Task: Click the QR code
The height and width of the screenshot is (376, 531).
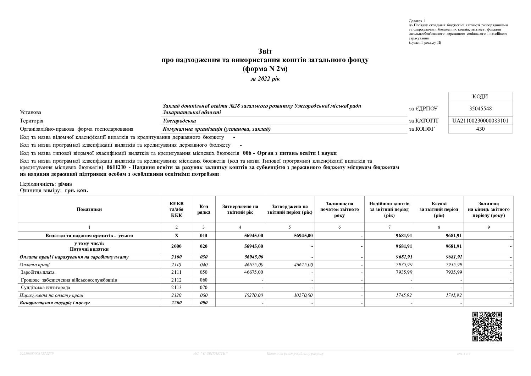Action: (x=487, y=326)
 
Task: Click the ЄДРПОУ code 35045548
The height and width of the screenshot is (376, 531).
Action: (x=480, y=109)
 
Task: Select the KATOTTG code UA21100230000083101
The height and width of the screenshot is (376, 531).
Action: (x=480, y=121)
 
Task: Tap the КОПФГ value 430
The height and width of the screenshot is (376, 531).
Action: (x=480, y=129)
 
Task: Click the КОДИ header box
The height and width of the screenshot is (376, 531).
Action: (x=481, y=97)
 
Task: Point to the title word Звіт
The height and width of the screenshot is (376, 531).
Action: (x=265, y=52)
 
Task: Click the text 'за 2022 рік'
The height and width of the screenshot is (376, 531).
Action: (x=265, y=79)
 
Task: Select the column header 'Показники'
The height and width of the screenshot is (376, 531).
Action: (x=89, y=209)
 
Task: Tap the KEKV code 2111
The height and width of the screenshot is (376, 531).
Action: (x=176, y=272)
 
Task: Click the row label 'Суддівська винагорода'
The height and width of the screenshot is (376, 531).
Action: (x=45, y=288)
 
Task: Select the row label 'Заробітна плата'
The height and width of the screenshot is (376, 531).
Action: (x=38, y=272)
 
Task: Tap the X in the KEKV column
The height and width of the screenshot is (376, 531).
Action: (x=176, y=235)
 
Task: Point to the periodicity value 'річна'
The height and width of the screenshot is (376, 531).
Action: (x=65, y=184)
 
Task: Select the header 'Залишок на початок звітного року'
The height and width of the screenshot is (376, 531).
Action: (x=339, y=209)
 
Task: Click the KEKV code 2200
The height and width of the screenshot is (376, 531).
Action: (x=176, y=303)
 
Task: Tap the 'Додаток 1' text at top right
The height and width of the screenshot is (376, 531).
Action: (x=417, y=21)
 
